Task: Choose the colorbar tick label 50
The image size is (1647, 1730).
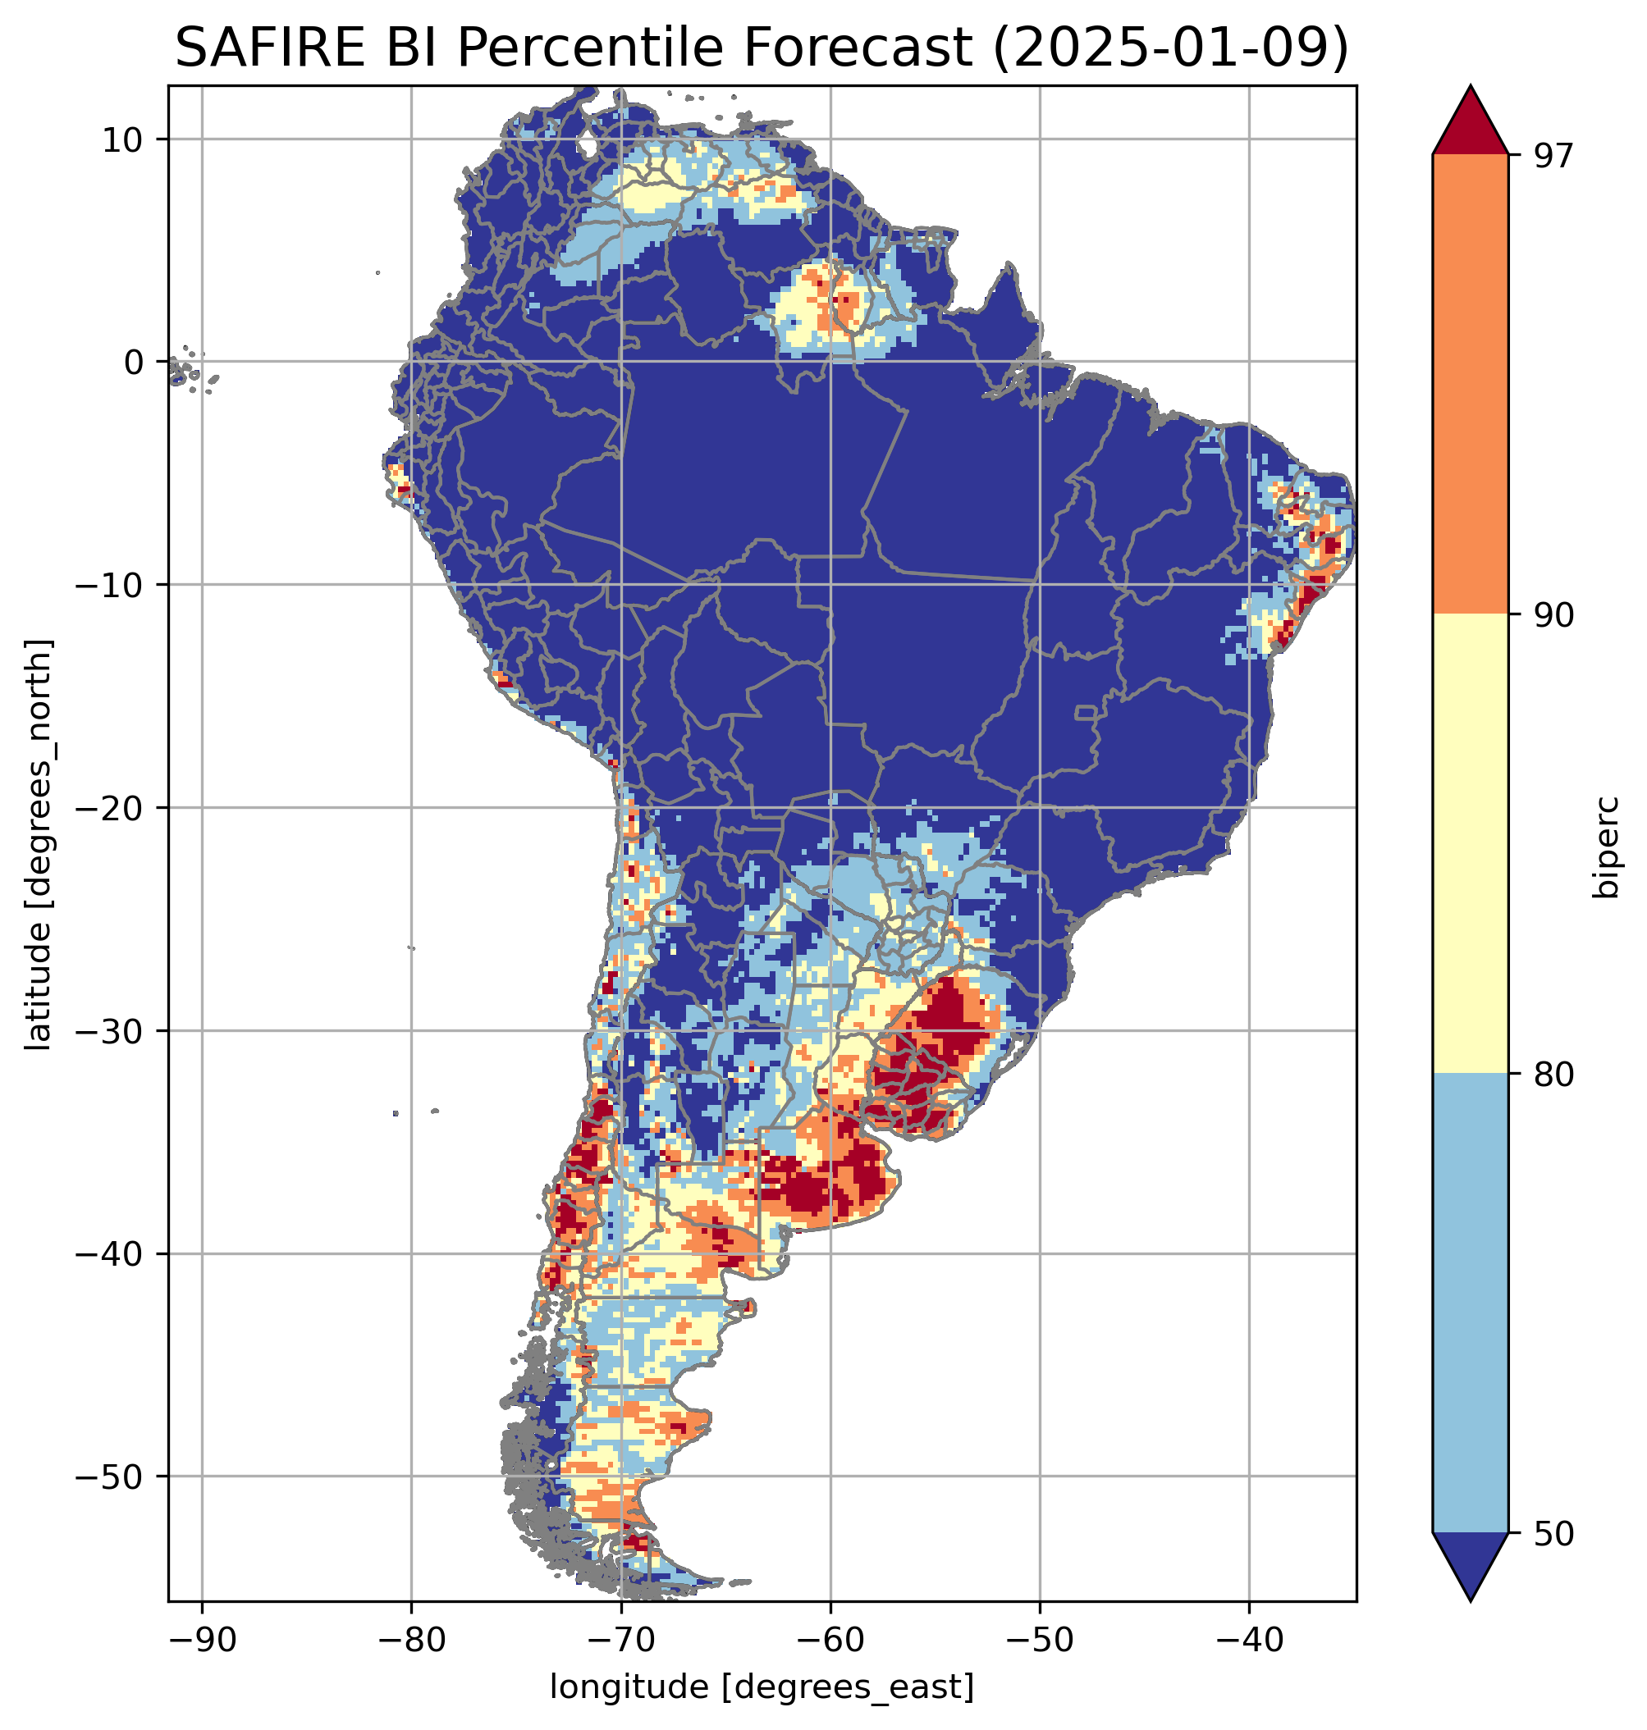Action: click(1553, 1534)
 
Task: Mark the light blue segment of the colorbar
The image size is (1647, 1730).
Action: click(1470, 1303)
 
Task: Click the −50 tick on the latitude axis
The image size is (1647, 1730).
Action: click(111, 1477)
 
